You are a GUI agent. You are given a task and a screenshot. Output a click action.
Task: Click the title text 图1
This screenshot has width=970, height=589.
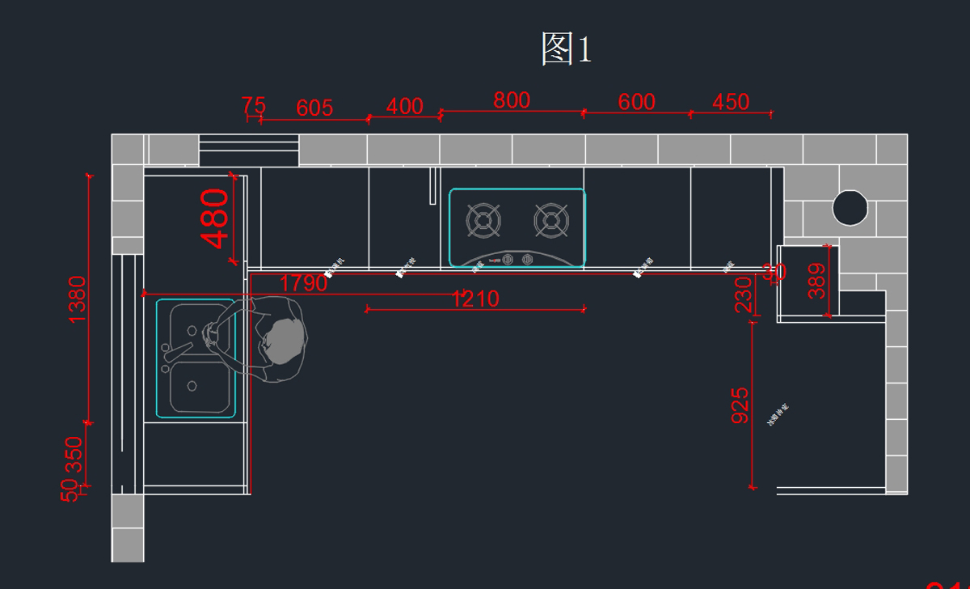[x=567, y=49]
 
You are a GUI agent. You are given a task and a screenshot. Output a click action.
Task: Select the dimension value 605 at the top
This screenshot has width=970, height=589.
[x=314, y=108]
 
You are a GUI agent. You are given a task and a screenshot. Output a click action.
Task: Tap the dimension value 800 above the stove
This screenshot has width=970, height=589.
[x=512, y=100]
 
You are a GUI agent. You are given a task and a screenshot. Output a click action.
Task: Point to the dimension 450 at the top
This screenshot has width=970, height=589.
[x=731, y=103]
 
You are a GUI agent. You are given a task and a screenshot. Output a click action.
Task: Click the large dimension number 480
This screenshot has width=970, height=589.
[x=216, y=218]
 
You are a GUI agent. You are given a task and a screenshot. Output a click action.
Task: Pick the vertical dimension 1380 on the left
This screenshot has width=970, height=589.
[x=78, y=299]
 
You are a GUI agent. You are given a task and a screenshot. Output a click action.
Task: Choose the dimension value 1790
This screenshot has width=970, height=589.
[x=304, y=284]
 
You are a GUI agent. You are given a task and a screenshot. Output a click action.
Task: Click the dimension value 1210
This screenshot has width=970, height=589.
[x=475, y=299]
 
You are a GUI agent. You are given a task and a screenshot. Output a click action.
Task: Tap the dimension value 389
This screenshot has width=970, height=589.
[x=817, y=282]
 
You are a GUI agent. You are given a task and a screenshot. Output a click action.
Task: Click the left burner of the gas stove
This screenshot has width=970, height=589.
[x=483, y=220]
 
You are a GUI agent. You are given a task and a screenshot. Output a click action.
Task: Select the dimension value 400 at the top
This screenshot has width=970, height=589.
[x=404, y=107]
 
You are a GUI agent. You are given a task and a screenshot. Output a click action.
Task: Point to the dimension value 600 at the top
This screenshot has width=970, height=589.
[x=636, y=103]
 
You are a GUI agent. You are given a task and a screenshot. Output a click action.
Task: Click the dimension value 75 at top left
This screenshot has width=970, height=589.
[x=254, y=106]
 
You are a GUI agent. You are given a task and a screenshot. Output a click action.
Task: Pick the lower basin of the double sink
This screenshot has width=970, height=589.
[x=197, y=387]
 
